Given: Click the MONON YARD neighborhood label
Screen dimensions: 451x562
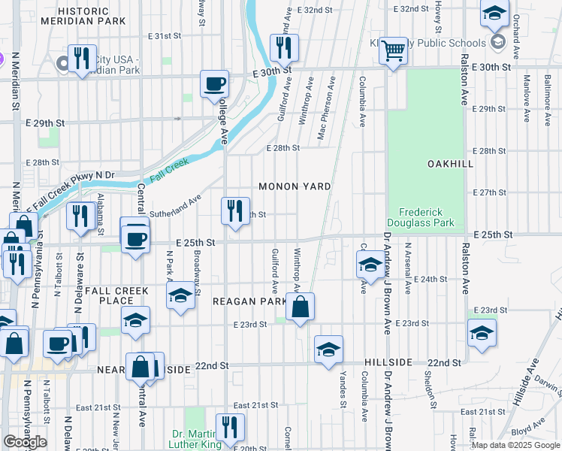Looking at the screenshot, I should pyautogui.click(x=295, y=186).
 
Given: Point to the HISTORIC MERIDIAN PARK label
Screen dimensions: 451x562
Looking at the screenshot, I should pyautogui.click(x=92, y=16).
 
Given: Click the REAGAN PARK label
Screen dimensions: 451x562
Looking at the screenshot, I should pyautogui.click(x=249, y=301).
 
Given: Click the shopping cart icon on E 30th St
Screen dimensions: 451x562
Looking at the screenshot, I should pyautogui.click(x=393, y=50).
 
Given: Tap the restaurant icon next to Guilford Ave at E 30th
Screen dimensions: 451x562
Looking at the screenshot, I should pyautogui.click(x=284, y=47).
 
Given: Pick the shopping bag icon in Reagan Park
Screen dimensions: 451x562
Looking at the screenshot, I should pyautogui.click(x=300, y=306).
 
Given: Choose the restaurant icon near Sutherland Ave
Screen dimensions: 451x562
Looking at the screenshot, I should pyautogui.click(x=235, y=210).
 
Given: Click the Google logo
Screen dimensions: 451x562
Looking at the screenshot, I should pyautogui.click(x=25, y=442).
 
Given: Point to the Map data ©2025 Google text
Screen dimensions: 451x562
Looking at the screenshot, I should pyautogui.click(x=515, y=444).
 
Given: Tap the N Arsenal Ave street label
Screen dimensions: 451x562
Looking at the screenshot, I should pyautogui.click(x=407, y=264).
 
